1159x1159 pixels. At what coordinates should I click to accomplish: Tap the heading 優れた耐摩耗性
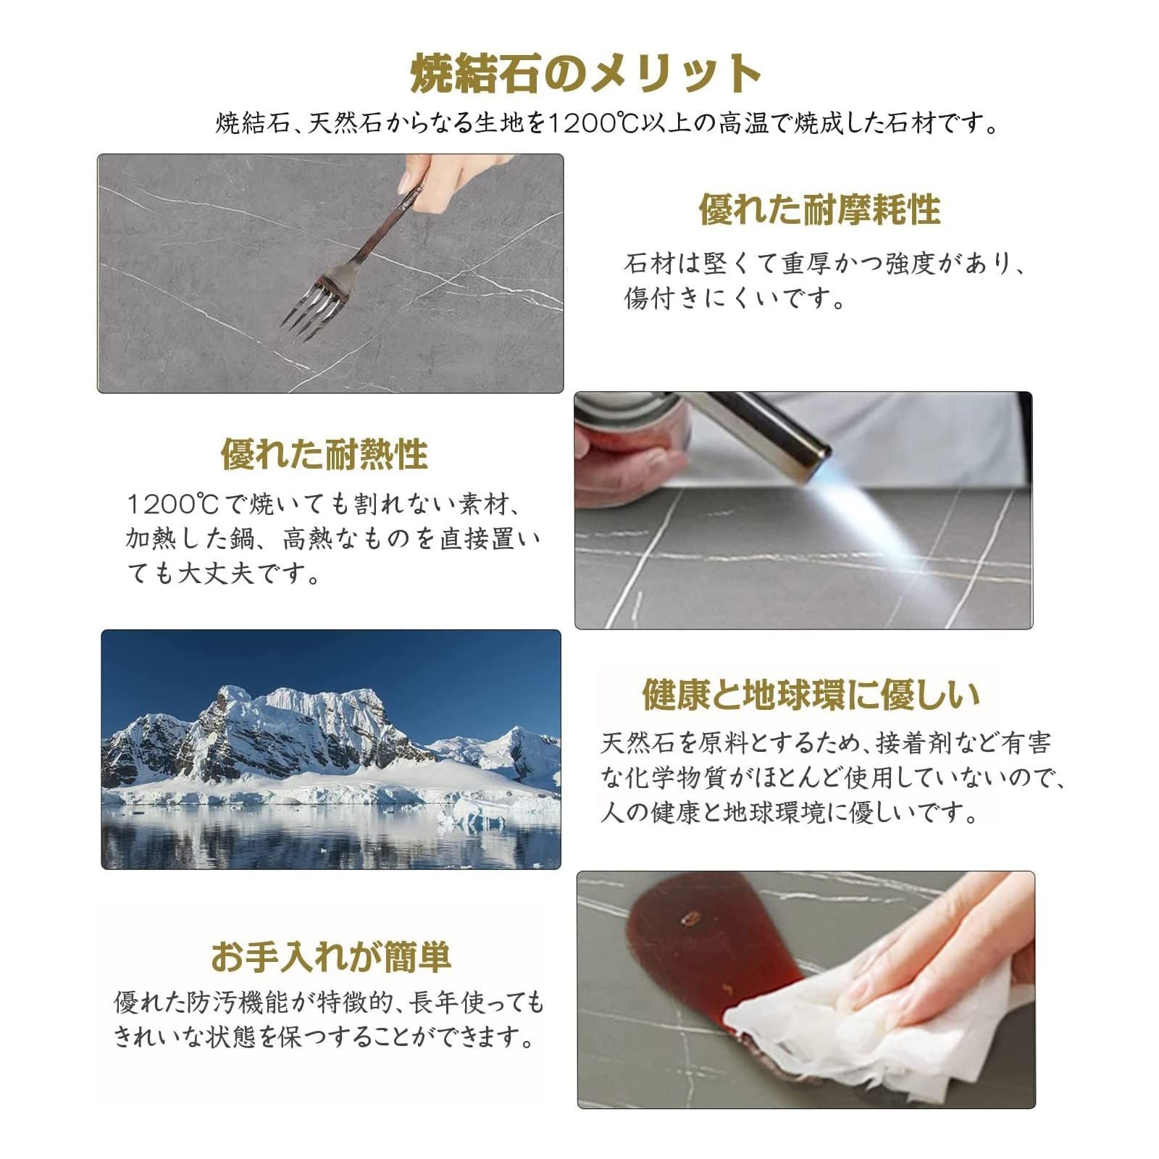[x=819, y=210]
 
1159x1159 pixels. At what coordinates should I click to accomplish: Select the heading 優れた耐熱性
[x=325, y=454]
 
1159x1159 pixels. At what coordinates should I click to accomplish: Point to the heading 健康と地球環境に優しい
[x=811, y=694]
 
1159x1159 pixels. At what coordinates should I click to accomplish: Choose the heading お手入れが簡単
[x=331, y=956]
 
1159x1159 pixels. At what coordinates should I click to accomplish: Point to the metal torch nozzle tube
[x=768, y=431]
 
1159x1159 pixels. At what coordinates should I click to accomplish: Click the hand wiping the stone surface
[x=942, y=956]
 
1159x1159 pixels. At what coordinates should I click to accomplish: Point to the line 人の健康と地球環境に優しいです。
[x=790, y=813]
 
